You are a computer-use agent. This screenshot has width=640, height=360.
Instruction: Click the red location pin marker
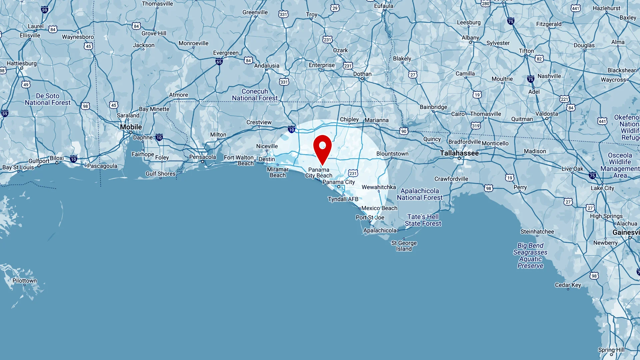point(322,148)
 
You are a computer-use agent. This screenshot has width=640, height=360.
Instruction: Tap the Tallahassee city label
point(459,153)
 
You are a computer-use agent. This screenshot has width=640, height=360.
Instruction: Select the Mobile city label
point(131,127)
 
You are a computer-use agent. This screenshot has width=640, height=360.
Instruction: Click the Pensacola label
point(203,157)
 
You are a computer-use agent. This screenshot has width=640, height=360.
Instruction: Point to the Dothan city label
point(362,74)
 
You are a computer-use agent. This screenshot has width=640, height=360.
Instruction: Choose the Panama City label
point(339,182)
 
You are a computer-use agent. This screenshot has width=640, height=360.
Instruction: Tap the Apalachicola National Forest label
point(420,194)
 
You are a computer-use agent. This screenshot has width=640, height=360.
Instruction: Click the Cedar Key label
point(568,285)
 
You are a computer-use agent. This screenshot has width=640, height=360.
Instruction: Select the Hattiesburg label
point(22,63)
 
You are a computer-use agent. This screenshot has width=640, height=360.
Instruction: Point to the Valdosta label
point(547,114)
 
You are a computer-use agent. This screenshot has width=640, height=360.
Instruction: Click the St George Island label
point(404,246)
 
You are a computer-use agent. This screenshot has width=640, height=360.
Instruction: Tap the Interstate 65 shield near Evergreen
point(219,62)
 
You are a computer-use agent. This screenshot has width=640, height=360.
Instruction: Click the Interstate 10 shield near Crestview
point(292,130)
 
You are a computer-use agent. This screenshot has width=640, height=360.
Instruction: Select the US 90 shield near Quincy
point(404,131)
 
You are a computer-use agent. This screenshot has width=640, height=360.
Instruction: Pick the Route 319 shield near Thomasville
point(476,126)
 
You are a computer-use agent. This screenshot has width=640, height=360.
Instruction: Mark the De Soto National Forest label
point(48,99)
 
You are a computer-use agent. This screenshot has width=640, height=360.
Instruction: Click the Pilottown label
point(25,281)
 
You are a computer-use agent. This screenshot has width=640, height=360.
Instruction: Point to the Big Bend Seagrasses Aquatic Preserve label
point(530,256)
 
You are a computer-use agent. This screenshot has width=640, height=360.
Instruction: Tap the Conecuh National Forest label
point(255,95)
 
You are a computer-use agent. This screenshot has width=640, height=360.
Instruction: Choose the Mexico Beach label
point(379,208)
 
